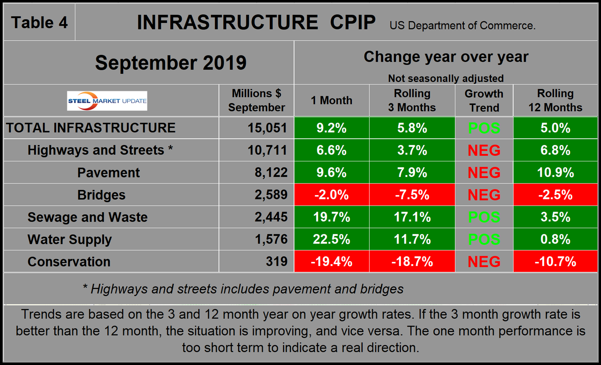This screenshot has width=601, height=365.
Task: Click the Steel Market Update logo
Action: [x=107, y=101]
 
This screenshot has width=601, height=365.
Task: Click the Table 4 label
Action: [x=39, y=23]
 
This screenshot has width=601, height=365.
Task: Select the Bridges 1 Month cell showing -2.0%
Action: [x=331, y=195]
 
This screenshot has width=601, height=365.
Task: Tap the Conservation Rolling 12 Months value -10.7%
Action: [x=555, y=261]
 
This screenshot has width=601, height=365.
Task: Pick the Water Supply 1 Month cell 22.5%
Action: [x=331, y=239]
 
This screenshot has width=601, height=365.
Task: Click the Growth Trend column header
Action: [x=484, y=101]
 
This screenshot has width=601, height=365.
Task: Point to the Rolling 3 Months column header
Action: [x=412, y=101]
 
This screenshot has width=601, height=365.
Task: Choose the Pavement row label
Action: [x=108, y=172]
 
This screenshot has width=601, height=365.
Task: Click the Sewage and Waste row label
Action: [x=87, y=217]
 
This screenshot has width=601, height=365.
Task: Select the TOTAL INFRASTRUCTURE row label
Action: [x=91, y=128]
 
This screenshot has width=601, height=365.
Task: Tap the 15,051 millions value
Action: [x=267, y=128]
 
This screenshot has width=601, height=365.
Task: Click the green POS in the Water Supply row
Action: [x=484, y=239]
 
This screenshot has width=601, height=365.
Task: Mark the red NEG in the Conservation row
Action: [x=484, y=261]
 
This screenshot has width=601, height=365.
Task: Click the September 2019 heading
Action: [x=171, y=63]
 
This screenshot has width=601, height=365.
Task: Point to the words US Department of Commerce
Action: [x=462, y=26]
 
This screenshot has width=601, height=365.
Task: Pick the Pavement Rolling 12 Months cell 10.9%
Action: [x=555, y=172]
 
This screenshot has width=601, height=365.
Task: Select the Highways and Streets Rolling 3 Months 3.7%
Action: [x=412, y=150]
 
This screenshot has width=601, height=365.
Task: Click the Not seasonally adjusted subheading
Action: [x=446, y=79]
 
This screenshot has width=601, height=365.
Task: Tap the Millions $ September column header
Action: [x=256, y=101]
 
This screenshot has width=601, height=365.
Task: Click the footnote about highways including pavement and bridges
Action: [x=243, y=289]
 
